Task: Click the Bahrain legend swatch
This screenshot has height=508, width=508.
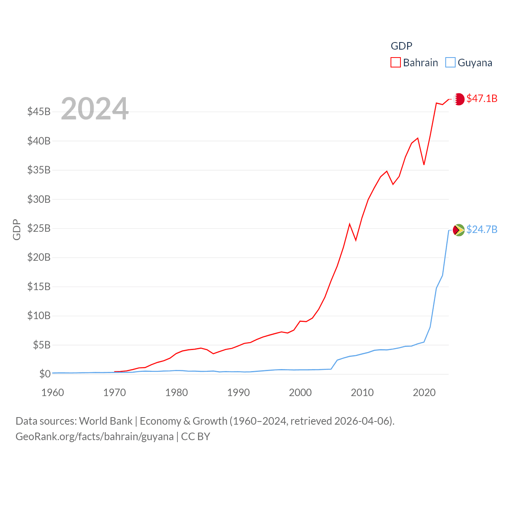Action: point(396,63)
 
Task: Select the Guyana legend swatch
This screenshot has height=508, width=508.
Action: point(450,63)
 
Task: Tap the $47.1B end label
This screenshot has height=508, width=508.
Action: point(482,98)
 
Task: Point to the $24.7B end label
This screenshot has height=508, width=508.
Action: point(482,229)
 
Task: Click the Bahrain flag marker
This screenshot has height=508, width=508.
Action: point(459,99)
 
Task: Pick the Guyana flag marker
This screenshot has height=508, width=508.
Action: point(459,230)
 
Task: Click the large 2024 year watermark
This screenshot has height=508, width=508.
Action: point(95,109)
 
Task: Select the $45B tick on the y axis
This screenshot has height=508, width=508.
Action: point(39,112)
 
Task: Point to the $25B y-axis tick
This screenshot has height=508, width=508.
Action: point(39,228)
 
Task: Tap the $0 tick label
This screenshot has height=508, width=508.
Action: point(45,374)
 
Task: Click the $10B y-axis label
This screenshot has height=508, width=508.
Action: point(39,316)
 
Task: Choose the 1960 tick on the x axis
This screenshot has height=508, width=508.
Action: point(53,393)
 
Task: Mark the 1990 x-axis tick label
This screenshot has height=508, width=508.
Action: point(239,393)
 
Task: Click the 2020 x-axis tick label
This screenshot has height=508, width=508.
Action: point(424,393)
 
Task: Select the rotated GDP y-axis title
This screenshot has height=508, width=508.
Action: point(17,229)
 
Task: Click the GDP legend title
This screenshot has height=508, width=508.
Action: point(402,46)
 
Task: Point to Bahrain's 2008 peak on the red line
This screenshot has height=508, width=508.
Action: point(350,224)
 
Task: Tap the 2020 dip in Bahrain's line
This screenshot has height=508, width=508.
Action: point(424,164)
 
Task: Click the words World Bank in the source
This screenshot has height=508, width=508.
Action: point(106,421)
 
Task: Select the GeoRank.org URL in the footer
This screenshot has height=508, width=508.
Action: point(94,437)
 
